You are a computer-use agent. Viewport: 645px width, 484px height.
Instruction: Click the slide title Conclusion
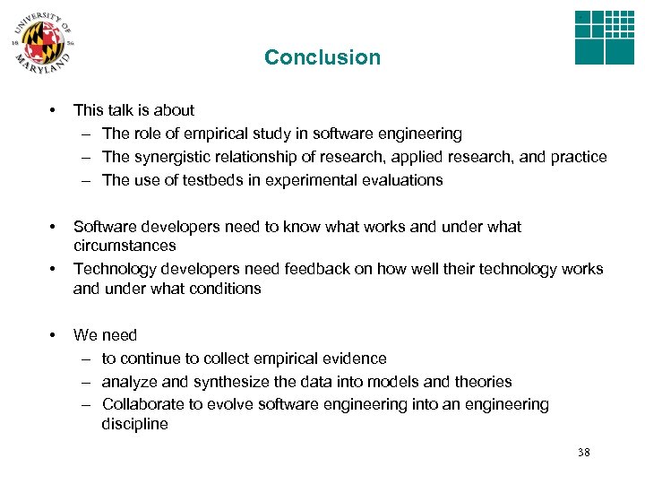(x=322, y=57)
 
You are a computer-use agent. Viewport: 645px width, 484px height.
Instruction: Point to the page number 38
(x=584, y=452)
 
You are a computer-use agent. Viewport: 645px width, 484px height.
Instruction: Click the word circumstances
(x=125, y=245)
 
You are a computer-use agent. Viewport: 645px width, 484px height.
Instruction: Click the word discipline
(x=134, y=424)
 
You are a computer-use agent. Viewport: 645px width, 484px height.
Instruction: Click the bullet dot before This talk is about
(x=54, y=110)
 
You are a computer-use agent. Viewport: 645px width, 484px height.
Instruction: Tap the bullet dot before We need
(x=54, y=335)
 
